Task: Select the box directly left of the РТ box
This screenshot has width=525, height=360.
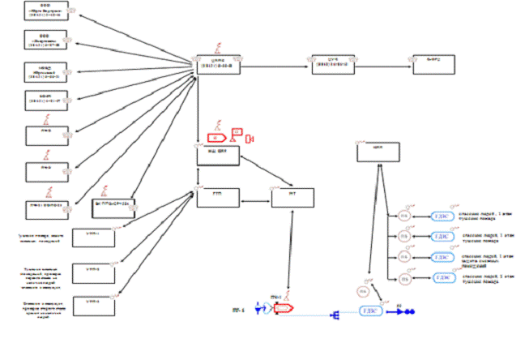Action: click(217, 197)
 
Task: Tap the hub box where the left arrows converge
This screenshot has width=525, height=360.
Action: click(218, 64)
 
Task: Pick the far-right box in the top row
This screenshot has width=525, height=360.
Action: click(434, 64)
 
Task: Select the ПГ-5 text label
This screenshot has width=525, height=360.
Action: click(238, 309)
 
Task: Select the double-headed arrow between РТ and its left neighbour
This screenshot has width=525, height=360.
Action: click(254, 198)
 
